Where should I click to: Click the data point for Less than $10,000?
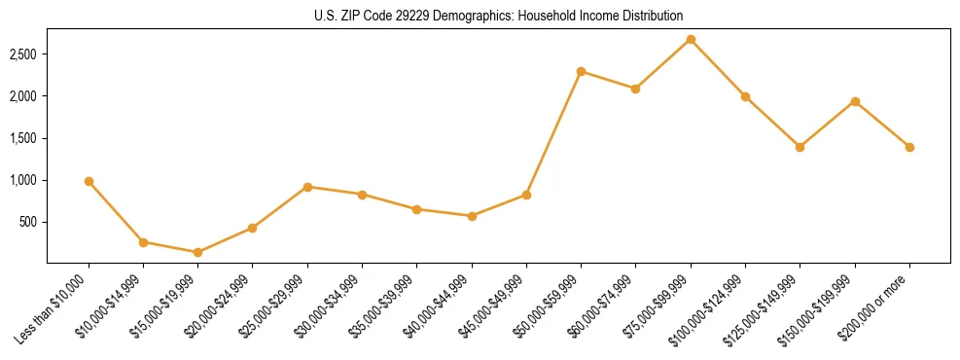pos(89,181)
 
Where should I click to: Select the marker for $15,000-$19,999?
pos(197,252)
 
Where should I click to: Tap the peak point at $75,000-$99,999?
pos(691,40)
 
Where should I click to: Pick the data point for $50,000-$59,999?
pos(581,71)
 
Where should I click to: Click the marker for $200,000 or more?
pos(909,147)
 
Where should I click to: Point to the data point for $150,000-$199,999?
pos(855,101)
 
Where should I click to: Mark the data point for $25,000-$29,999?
pos(307,187)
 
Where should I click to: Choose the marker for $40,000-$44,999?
pos(472,216)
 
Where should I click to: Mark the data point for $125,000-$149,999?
pos(800,147)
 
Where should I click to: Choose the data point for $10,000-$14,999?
pos(143,242)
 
